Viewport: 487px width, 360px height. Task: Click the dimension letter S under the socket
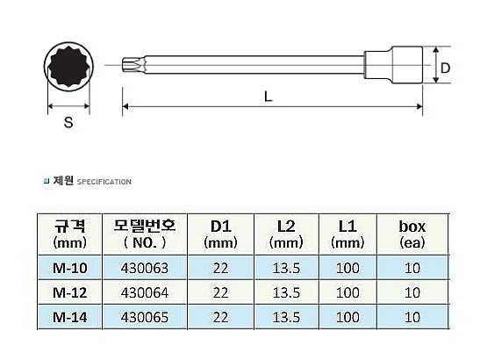[68, 124]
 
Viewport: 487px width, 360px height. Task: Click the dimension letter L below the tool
[268, 98]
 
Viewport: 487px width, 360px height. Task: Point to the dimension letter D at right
[445, 67]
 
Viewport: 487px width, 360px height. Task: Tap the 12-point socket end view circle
[68, 65]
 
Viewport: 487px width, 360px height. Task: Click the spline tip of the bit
[128, 64]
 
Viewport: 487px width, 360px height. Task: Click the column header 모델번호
[139, 233]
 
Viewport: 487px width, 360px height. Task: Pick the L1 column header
[347, 233]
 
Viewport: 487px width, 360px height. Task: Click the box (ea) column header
[412, 233]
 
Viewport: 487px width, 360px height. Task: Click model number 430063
[139, 266]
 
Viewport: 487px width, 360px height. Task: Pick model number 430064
[139, 291]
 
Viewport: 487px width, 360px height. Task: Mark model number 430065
[139, 315]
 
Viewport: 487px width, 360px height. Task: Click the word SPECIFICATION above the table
[104, 183]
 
